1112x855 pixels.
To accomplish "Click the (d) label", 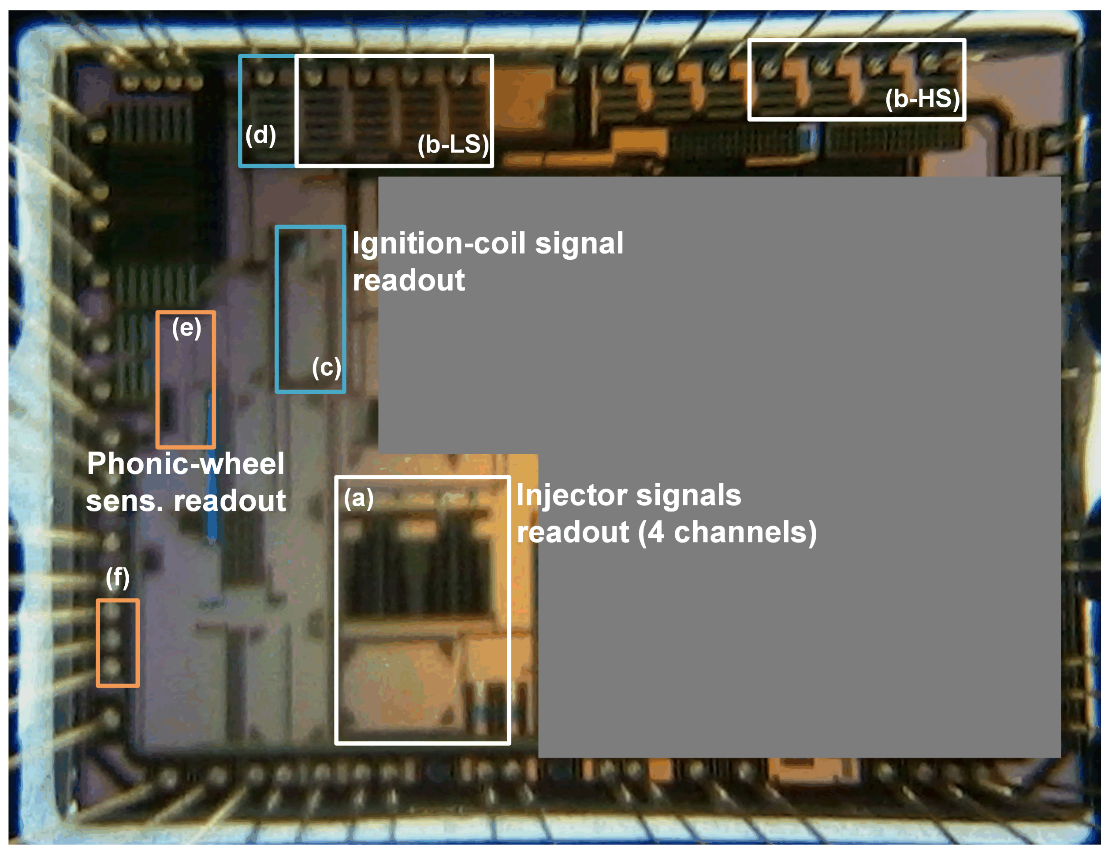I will pos(260,135).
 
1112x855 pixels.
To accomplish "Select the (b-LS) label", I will pos(453,145).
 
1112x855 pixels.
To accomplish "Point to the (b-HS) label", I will pos(922,98).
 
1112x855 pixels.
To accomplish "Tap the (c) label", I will pos(326,367).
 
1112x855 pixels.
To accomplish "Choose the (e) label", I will pos(186,328).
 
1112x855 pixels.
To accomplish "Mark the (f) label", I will pos(118,578).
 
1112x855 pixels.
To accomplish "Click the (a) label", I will pos(359,498).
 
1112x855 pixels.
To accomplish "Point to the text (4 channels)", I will pos(727,532).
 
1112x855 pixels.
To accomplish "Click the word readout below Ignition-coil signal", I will pos(409,280).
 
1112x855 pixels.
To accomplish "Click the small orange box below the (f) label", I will pos(118,643).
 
